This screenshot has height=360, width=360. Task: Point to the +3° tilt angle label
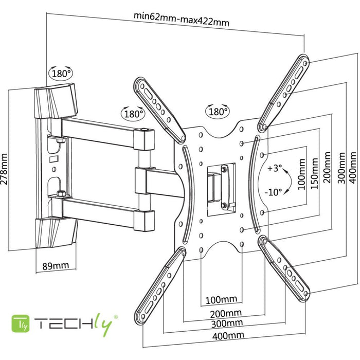tap(275, 168)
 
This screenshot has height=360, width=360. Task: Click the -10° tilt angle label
tap(274, 192)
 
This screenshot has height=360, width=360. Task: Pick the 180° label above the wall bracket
tap(62, 74)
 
